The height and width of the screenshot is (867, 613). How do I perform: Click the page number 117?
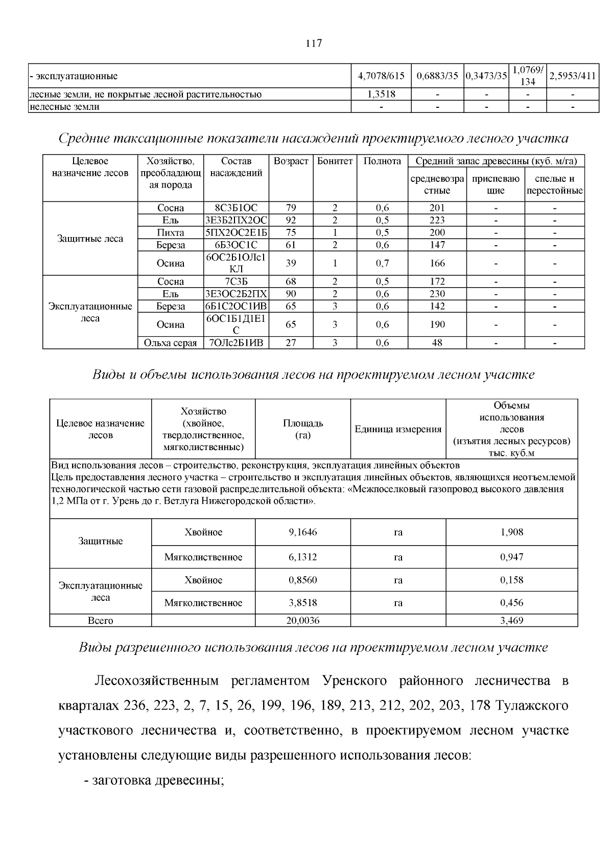(314, 43)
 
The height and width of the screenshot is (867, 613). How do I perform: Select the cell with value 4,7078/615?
(381, 76)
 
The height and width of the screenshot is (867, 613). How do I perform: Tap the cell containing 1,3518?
(381, 94)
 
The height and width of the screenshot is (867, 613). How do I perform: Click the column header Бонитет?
(335, 161)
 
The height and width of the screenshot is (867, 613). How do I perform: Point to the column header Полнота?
(382, 161)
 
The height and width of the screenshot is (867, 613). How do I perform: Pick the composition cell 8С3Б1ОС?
(236, 208)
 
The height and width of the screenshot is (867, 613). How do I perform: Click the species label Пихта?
(171, 232)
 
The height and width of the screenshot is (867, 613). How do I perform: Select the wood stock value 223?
(437, 220)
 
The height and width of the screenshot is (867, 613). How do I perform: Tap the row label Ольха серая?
(171, 343)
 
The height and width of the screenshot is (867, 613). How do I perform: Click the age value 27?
(291, 343)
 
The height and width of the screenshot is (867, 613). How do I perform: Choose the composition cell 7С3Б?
(236, 282)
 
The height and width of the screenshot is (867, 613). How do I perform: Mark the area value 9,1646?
(303, 532)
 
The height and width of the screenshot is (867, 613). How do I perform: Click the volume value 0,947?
(511, 557)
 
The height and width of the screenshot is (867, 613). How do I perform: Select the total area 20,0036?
(303, 621)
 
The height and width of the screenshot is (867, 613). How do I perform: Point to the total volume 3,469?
(511, 621)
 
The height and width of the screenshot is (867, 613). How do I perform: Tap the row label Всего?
(101, 621)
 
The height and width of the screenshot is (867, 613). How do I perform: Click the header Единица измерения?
(398, 429)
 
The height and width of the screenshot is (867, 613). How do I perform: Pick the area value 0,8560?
(303, 580)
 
